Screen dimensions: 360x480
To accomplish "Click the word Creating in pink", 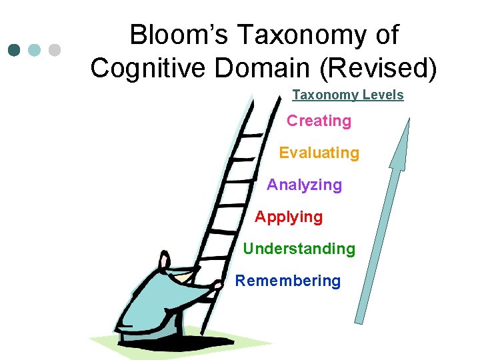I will [x=319, y=121].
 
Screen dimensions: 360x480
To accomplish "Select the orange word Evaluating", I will [x=319, y=153].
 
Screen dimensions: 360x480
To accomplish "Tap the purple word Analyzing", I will [x=304, y=185].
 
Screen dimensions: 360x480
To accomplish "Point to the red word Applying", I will [x=288, y=217].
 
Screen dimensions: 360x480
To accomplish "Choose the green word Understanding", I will [x=299, y=249].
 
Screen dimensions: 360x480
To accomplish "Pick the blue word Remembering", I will [x=287, y=281].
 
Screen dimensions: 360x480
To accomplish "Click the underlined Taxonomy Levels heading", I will [x=348, y=95].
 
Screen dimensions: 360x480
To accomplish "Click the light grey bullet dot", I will [x=55, y=50].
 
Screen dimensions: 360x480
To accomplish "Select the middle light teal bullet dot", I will [x=35, y=50].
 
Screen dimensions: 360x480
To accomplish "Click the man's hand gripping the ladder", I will [x=213, y=288].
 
